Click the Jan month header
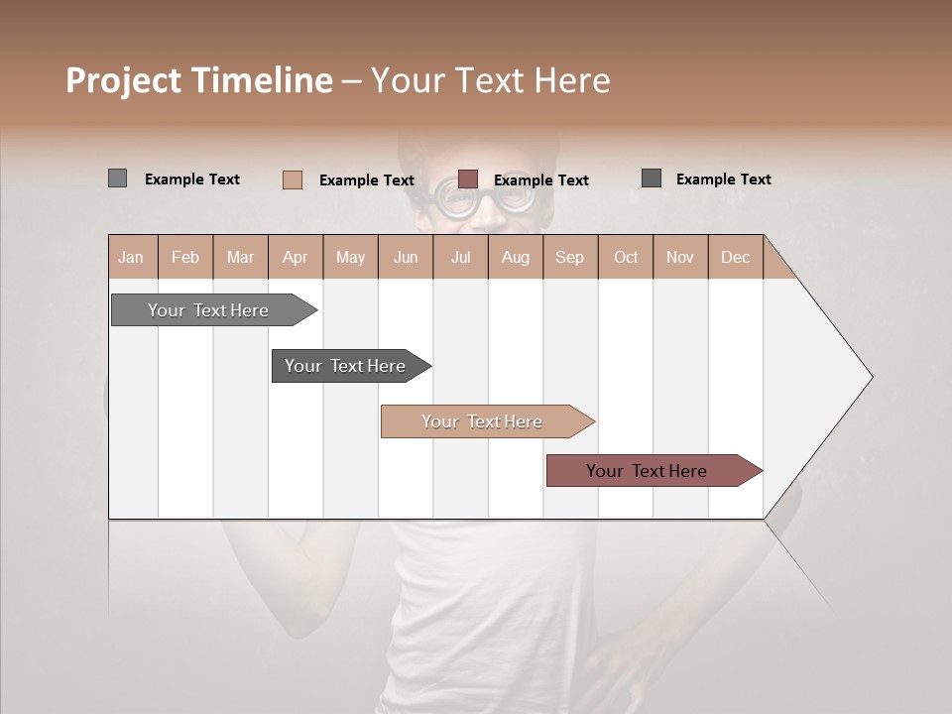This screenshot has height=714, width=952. click(131, 257)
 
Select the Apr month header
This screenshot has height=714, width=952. click(296, 257)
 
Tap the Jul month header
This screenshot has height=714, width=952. click(460, 257)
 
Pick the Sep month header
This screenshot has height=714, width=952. click(569, 257)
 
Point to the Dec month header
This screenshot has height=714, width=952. click(735, 257)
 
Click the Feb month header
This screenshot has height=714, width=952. click(185, 257)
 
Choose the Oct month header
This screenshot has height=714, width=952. click(626, 257)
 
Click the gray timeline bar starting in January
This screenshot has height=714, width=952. click(208, 310)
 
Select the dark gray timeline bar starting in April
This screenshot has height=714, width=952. click(345, 366)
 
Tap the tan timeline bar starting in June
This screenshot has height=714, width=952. click(482, 421)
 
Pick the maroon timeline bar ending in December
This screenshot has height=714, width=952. click(647, 471)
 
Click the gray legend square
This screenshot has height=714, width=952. click(117, 178)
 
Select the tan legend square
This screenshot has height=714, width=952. click(292, 179)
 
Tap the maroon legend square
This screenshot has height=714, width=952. click(468, 179)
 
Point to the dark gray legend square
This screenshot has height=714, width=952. click(652, 178)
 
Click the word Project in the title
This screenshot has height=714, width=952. click(122, 80)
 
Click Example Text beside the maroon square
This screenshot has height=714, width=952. click(540, 180)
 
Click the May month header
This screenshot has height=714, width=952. click(350, 257)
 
